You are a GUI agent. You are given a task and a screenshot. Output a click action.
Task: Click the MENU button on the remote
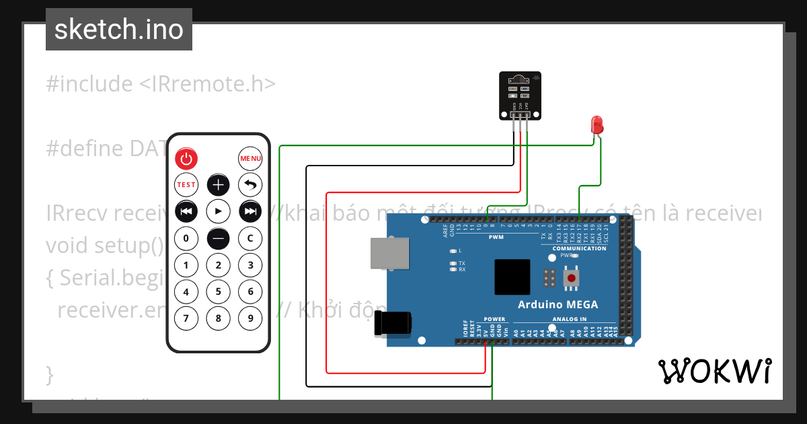pyautogui.click(x=250, y=158)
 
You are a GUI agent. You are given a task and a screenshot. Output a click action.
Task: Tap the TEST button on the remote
pyautogui.click(x=186, y=184)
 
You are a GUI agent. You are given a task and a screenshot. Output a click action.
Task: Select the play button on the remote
pyautogui.click(x=218, y=211)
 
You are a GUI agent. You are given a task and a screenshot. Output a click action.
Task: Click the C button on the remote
pyautogui.click(x=250, y=238)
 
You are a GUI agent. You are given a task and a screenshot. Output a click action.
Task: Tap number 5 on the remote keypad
pyautogui.click(x=218, y=291)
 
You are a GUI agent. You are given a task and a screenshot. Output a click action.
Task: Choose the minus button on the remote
pyautogui.click(x=218, y=238)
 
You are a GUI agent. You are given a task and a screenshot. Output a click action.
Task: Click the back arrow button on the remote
pyautogui.click(x=250, y=184)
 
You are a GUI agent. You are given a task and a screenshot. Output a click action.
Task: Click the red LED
pyautogui.click(x=597, y=125)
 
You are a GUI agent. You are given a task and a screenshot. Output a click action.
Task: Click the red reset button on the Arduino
pyautogui.click(x=572, y=277)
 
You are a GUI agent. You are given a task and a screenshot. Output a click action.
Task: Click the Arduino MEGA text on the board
pyautogui.click(x=558, y=304)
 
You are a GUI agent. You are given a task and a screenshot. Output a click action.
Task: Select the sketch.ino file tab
pyautogui.click(x=119, y=30)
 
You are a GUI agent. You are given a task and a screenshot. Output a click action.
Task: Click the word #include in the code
pyautogui.click(x=89, y=84)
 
